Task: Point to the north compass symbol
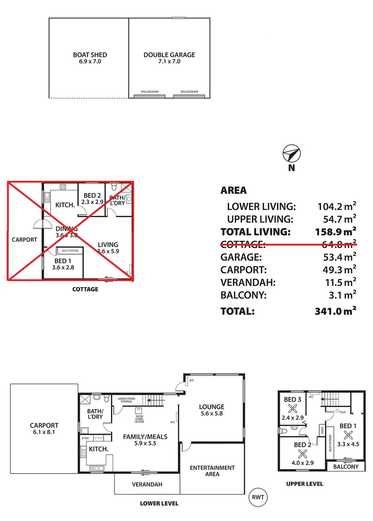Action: (291, 154)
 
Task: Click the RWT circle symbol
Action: (258, 497)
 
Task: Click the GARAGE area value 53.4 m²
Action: (337, 257)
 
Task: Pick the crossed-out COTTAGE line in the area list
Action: (288, 244)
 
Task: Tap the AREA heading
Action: (234, 190)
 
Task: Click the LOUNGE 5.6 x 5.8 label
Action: (211, 410)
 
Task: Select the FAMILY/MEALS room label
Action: (145, 439)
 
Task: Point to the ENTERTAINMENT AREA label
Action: (212, 471)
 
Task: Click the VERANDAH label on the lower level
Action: (147, 484)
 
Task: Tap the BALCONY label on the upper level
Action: (346, 466)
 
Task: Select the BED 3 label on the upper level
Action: (292, 400)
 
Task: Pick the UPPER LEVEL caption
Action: (305, 484)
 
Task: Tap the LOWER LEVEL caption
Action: (159, 503)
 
